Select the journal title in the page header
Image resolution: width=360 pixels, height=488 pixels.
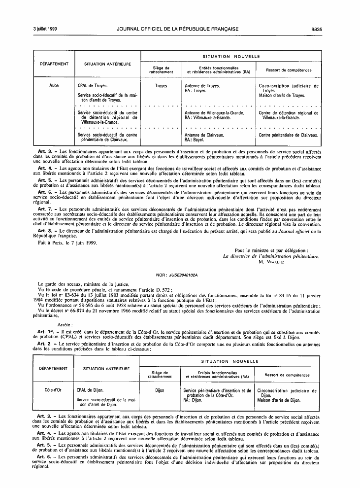(178, 30)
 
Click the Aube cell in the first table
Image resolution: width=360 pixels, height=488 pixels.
(54, 86)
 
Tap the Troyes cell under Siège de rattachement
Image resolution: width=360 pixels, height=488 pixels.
(161, 86)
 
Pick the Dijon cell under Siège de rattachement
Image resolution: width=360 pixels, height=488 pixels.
(160, 389)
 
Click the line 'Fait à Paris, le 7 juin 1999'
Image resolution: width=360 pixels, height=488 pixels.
(68, 243)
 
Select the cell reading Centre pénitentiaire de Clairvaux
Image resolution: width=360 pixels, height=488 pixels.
(289, 135)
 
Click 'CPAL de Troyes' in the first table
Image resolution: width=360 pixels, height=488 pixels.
(92, 86)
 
